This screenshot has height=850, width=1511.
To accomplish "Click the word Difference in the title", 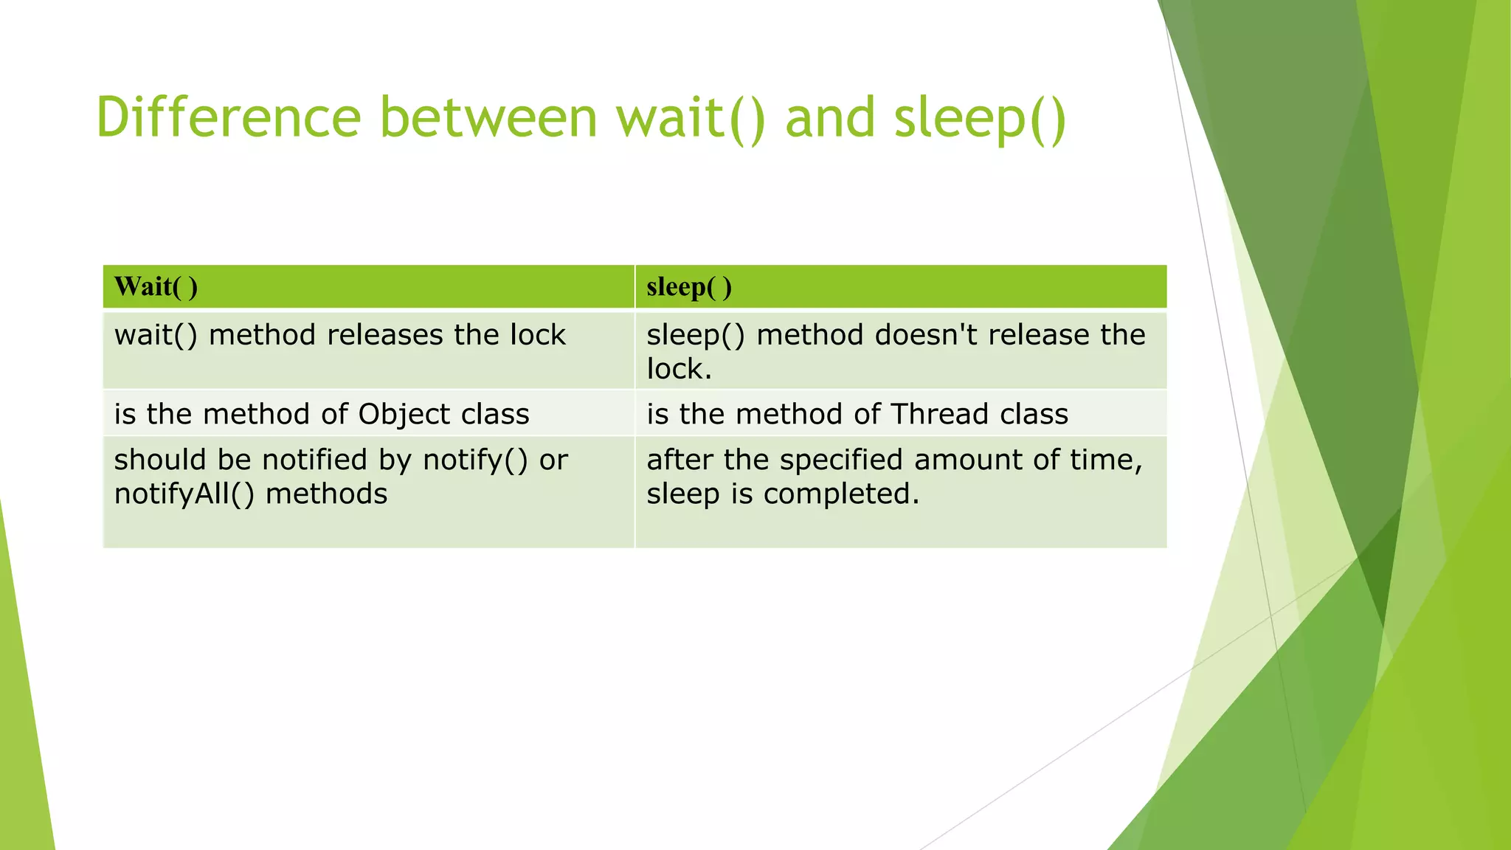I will pos(228,118).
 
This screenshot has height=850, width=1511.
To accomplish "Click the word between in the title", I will pos(488,118).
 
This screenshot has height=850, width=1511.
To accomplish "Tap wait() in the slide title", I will pos(691,118).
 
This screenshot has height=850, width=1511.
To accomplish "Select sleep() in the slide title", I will pos(980,118).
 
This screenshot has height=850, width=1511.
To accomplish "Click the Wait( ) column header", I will pos(156,287).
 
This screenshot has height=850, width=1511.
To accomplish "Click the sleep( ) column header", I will pos(689,287).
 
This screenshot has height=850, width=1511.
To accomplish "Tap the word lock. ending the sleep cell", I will pos(679,369).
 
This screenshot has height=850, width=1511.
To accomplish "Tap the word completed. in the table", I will pos(841,494).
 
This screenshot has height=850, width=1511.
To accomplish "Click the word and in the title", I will pos(830,118).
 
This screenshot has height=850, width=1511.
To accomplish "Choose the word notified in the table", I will pos(315,460).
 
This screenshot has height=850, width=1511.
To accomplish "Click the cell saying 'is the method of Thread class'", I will pos(857,414).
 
